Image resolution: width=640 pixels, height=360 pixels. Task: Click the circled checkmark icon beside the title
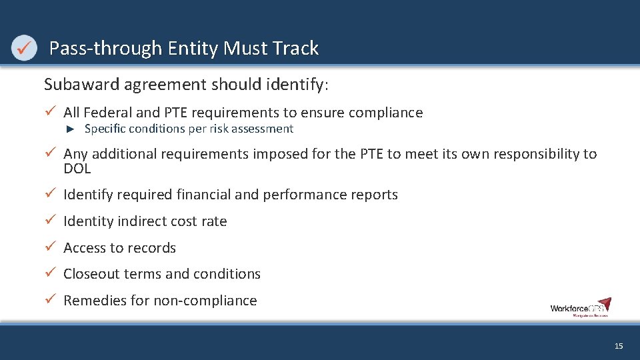pyautogui.click(x=24, y=49)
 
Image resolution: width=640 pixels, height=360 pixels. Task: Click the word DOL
pyautogui.click(x=77, y=169)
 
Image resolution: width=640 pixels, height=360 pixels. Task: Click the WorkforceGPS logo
pyautogui.click(x=580, y=307)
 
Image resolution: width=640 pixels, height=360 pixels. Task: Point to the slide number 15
pyautogui.click(x=619, y=346)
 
